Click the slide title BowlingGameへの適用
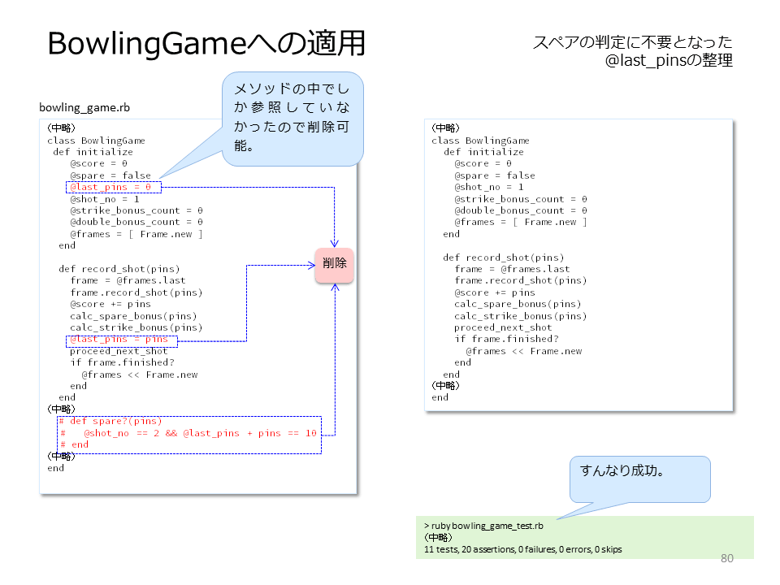(x=206, y=43)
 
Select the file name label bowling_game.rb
(x=84, y=107)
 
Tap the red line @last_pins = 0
(x=111, y=187)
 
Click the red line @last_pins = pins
(x=119, y=340)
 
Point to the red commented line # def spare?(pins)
(x=110, y=422)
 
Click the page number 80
(x=726, y=558)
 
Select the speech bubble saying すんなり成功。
(x=639, y=479)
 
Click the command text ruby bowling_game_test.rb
(x=487, y=526)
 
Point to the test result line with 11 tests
(x=522, y=549)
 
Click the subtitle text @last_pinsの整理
(x=669, y=60)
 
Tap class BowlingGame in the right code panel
(x=480, y=141)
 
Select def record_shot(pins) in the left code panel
(x=119, y=269)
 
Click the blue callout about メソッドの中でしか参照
(x=292, y=119)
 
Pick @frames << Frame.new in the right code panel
(x=524, y=351)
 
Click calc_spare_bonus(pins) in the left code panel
(x=133, y=316)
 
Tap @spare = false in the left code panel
(x=110, y=175)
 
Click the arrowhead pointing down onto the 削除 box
(x=334, y=244)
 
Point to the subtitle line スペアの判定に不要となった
(x=633, y=42)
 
